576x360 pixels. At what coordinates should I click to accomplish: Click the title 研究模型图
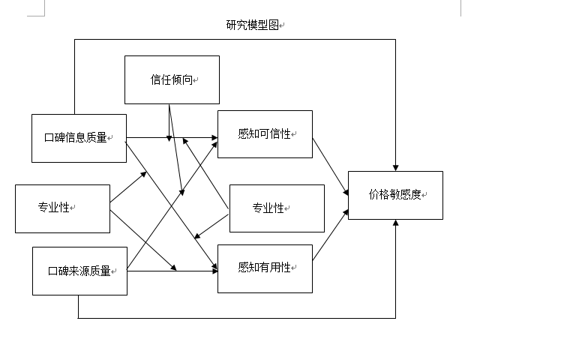[252, 25]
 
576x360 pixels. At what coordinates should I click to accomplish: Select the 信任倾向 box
[172, 79]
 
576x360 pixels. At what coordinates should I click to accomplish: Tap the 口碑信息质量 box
[79, 138]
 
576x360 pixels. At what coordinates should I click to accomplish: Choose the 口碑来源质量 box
[79, 271]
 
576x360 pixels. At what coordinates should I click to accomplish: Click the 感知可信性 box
[265, 134]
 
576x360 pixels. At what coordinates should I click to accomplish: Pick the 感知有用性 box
[265, 268]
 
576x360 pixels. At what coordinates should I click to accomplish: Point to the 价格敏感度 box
[395, 195]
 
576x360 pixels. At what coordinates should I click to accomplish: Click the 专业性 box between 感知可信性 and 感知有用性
[276, 208]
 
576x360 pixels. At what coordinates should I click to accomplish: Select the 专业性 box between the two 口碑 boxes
[62, 208]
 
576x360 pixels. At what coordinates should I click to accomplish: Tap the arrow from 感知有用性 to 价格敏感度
[330, 235]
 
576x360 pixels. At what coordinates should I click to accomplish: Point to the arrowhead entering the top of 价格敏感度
[395, 167]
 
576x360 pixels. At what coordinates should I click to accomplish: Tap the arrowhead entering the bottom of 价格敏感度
[395, 223]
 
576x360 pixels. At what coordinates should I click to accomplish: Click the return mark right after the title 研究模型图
[282, 25]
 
